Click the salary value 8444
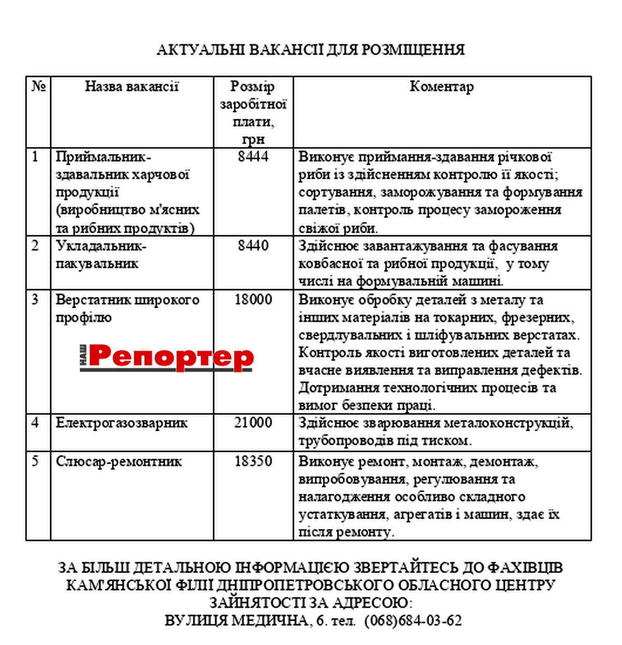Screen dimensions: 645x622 [253, 156]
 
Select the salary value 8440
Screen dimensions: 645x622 [253, 245]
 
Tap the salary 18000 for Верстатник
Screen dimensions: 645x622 [253, 299]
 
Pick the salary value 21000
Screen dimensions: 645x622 [253, 423]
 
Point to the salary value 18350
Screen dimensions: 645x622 [253, 461]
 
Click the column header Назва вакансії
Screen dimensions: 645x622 [132, 87]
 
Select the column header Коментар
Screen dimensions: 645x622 [442, 87]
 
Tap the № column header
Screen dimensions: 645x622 [38, 87]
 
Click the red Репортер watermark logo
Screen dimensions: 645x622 [171, 357]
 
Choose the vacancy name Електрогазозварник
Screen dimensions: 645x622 [122, 423]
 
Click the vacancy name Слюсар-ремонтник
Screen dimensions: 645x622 [119, 461]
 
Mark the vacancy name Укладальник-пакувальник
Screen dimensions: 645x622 [101, 254]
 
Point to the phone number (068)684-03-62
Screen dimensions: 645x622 [413, 620]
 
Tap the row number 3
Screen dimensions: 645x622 [35, 299]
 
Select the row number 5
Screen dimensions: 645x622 [35, 461]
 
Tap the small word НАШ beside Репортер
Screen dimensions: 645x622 [83, 357]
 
